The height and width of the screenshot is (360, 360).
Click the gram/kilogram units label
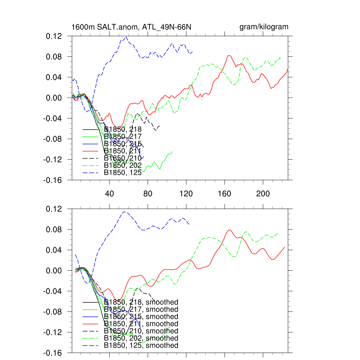coord(264,27)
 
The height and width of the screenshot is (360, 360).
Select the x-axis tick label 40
coord(109,194)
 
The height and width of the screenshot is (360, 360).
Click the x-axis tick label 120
coord(186,194)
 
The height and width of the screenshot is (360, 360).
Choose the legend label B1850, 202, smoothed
coord(141,338)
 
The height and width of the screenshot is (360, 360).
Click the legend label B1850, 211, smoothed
coord(141,324)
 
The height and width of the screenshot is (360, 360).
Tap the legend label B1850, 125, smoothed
coord(141,346)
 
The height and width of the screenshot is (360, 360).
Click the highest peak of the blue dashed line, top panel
coord(126,37)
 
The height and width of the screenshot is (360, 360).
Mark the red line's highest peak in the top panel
coord(229,55)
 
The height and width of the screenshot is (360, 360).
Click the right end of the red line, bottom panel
coord(285,247)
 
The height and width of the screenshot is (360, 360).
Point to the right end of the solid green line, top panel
coord(173,152)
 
